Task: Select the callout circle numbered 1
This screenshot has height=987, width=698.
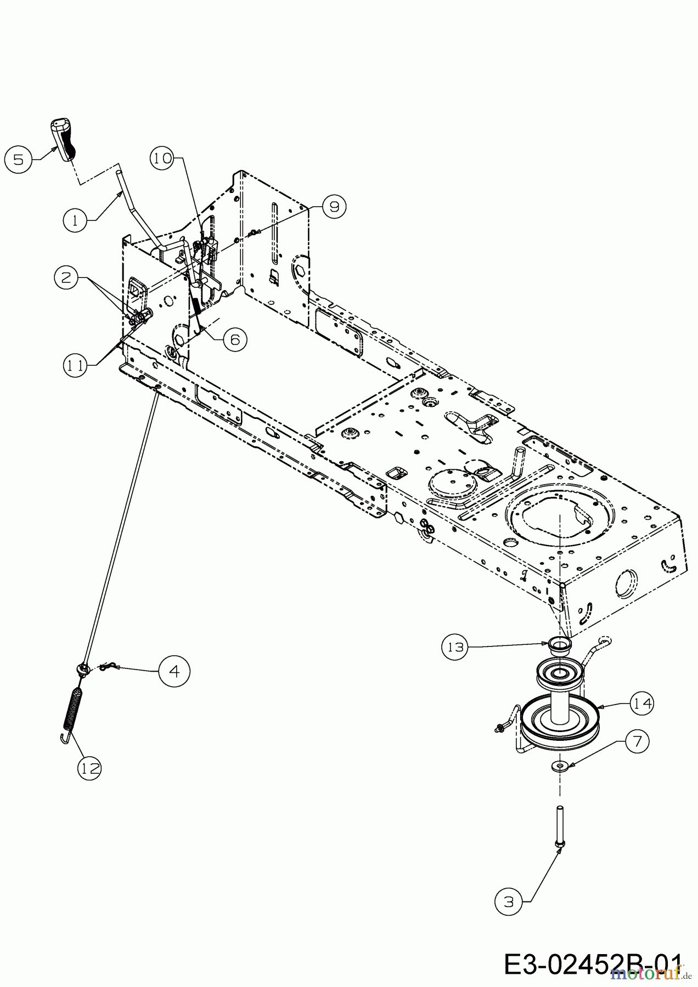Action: (76, 220)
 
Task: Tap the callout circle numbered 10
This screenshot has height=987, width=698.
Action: (162, 158)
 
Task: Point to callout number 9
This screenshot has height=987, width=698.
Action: (334, 207)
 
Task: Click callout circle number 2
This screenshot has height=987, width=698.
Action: (66, 277)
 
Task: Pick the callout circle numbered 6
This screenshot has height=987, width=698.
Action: (235, 339)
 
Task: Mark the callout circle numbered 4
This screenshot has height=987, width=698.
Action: (174, 671)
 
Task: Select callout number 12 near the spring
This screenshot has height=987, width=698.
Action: (90, 768)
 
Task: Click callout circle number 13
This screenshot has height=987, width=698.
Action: (455, 647)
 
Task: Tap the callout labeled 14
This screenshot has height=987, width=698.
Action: (642, 703)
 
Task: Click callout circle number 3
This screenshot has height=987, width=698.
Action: (509, 901)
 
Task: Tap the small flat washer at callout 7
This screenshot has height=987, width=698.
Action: (559, 765)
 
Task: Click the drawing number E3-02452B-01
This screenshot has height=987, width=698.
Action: (593, 964)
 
